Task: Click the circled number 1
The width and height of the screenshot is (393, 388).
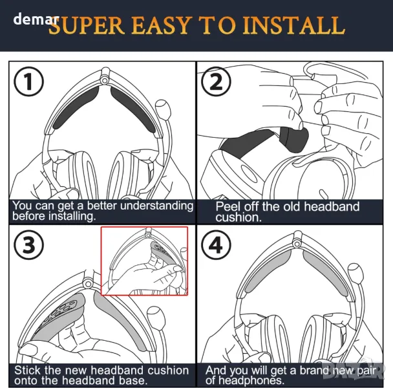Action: [x=28, y=81]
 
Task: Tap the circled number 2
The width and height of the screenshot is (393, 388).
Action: [x=216, y=81]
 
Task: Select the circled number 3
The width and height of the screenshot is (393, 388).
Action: [x=28, y=244]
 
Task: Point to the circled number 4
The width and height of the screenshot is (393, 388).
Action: [x=216, y=244]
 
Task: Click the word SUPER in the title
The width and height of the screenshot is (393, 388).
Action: [x=87, y=25]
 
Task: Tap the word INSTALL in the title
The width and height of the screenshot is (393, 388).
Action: [x=294, y=25]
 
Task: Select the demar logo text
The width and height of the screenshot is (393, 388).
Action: [x=36, y=19]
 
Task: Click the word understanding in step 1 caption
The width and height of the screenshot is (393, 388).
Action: [x=156, y=206]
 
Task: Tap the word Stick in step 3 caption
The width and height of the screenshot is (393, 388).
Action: [x=27, y=370]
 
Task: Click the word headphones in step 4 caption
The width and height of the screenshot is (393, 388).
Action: [x=251, y=380]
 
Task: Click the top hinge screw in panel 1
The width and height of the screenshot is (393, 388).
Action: [x=104, y=80]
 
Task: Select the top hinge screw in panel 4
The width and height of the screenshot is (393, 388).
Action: [x=297, y=244]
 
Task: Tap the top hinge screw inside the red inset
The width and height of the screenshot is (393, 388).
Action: [x=148, y=235]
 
